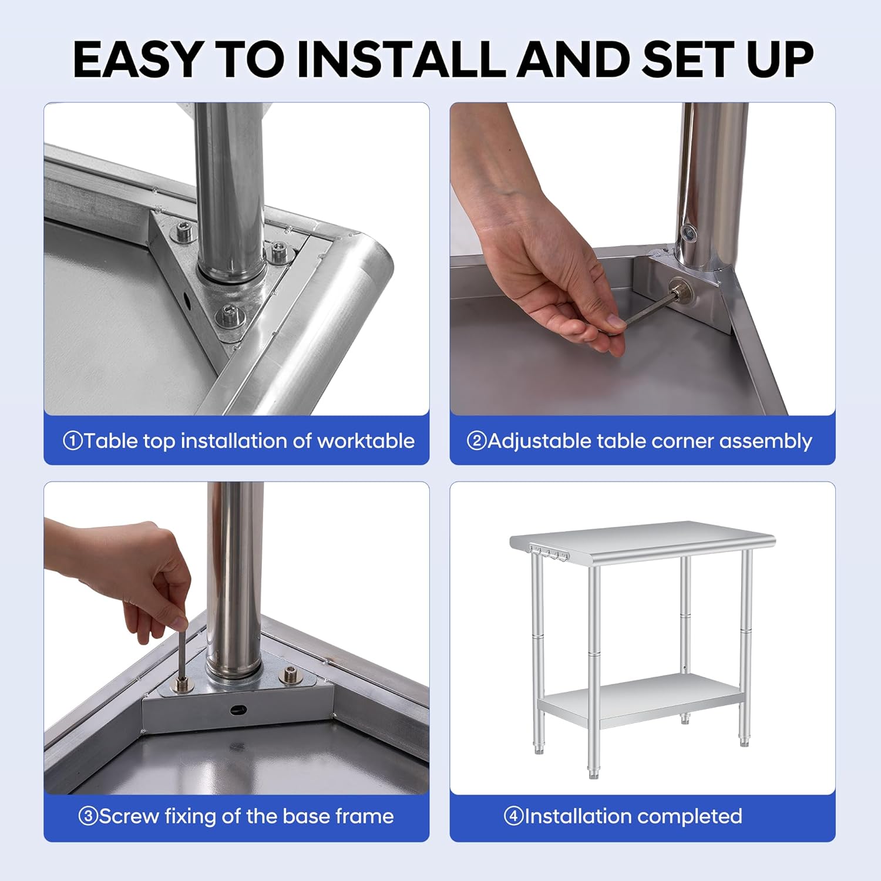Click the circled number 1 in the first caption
click(x=73, y=441)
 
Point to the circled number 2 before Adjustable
click(x=476, y=441)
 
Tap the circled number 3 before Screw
click(x=88, y=816)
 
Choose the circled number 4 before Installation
click(x=513, y=816)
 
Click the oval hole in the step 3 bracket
click(x=237, y=710)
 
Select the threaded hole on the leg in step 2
click(x=689, y=233)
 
